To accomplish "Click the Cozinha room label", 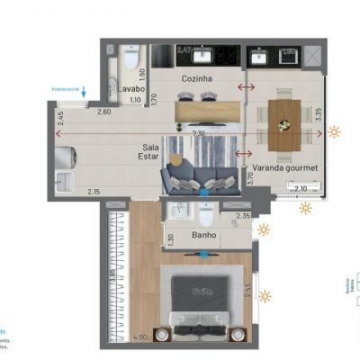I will click(196, 79).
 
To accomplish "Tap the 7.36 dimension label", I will click(198, 134).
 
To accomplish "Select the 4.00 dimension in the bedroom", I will click(139, 337).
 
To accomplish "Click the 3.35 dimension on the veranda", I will click(318, 116).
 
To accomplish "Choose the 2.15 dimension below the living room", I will click(94, 192).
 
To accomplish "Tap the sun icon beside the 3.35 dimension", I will click(335, 132).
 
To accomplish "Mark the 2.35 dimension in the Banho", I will click(242, 216).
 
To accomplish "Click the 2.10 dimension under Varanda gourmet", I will click(301, 188).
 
